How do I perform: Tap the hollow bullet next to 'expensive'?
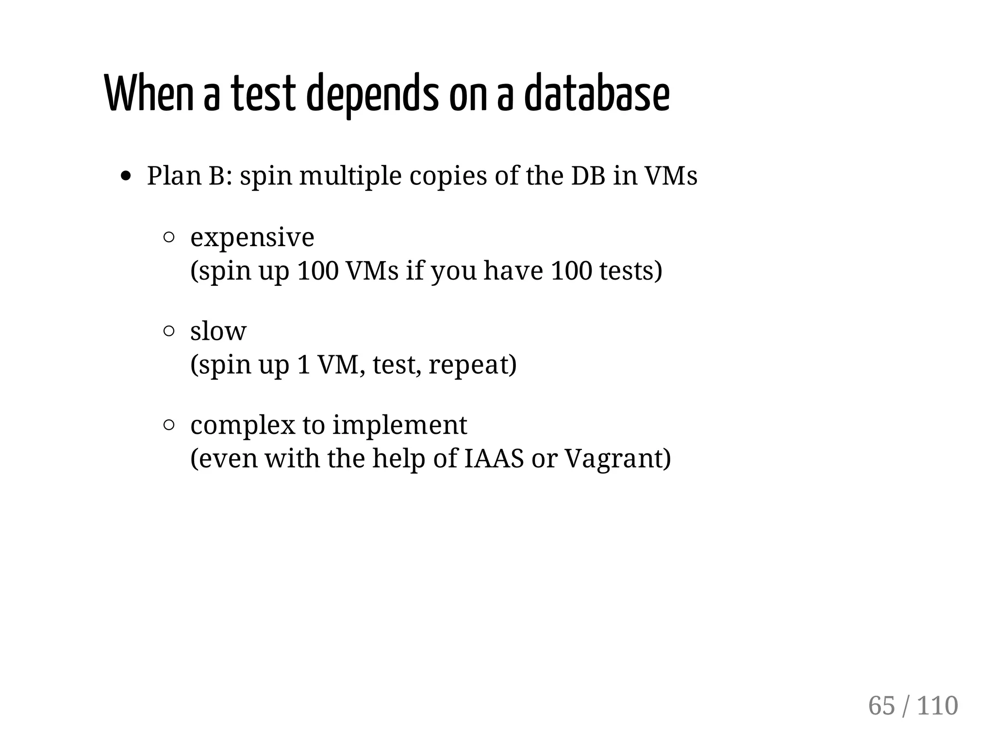169,237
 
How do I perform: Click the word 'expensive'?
252,238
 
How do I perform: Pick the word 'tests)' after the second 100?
630,270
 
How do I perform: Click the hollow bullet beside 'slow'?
169,331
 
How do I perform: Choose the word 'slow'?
218,331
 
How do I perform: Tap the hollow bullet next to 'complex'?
169,425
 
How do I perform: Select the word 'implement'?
399,425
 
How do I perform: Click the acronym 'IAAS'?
494,458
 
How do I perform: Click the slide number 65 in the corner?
881,705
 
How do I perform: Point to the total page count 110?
937,705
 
